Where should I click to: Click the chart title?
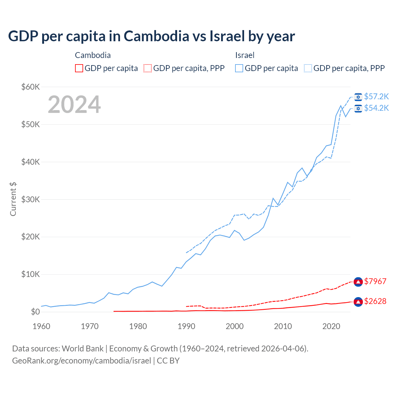151,36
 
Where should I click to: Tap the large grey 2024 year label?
74,105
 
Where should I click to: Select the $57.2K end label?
376,97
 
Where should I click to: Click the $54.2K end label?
376,108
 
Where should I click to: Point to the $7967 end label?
375,281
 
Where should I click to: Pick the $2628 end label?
375,301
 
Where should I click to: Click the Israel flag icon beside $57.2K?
358,97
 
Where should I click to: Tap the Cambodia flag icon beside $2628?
358,301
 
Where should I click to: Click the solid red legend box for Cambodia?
79,68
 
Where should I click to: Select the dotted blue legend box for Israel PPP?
308,68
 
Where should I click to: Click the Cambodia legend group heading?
93,55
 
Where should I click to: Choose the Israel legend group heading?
245,55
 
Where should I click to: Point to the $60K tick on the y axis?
30,87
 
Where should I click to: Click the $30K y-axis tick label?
30,199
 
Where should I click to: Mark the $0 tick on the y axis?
35,312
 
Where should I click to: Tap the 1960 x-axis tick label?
41,326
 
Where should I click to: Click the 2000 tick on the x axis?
234,326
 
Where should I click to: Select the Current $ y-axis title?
13,199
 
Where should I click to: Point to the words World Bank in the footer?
83,349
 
